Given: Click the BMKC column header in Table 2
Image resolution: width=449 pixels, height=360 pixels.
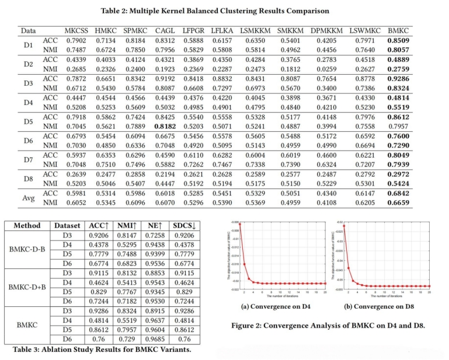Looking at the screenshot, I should tap(400, 30).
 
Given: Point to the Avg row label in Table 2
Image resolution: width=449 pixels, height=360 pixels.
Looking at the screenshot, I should tap(28, 198).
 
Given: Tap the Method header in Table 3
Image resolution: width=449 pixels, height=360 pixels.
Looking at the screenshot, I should tap(27, 226).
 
